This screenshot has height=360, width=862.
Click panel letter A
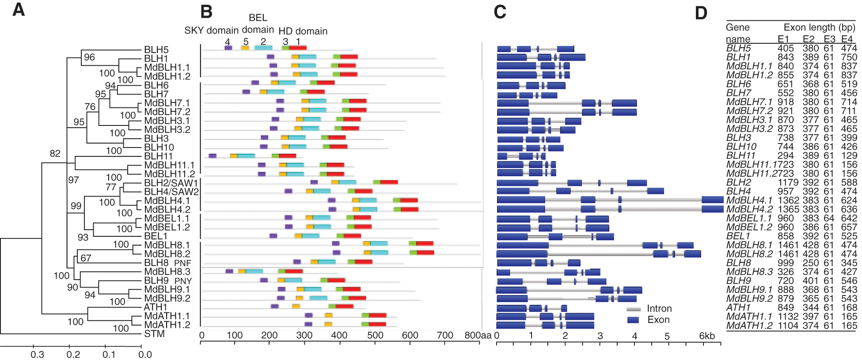19,10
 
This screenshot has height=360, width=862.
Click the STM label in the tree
154,334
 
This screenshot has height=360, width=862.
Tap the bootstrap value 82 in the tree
55,153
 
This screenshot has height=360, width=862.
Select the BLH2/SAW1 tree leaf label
171,183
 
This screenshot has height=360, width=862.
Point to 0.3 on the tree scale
37,354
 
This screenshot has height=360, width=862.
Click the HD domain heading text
303,31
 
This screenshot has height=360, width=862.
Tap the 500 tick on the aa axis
375,335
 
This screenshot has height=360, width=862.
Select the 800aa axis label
478,335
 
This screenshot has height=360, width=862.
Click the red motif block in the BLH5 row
298,48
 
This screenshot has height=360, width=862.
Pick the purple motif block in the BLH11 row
213,156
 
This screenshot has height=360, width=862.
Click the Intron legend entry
659,308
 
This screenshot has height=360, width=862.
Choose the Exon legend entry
658,320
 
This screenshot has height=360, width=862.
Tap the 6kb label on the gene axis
706,336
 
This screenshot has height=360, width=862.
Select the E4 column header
847,39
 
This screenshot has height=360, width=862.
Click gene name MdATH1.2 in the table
749,326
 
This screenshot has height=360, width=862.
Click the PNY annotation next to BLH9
183,281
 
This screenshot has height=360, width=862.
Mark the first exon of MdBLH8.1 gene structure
523,246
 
